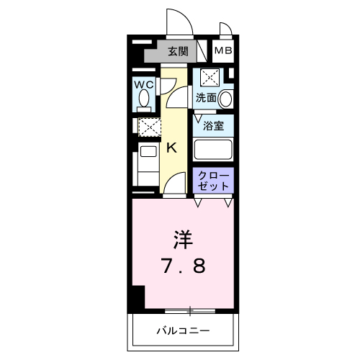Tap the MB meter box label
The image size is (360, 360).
pos(222,51)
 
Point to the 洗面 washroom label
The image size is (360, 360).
pos(204,97)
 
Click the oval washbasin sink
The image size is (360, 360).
pos(226,99)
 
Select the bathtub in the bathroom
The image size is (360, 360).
pos(213,150)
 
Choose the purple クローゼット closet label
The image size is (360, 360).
pos(214,180)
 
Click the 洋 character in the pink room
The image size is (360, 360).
pos(182,238)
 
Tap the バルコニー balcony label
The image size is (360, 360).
pos(183,331)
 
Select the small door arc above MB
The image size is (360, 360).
pos(225,30)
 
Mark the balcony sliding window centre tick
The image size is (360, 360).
pos(190,311)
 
